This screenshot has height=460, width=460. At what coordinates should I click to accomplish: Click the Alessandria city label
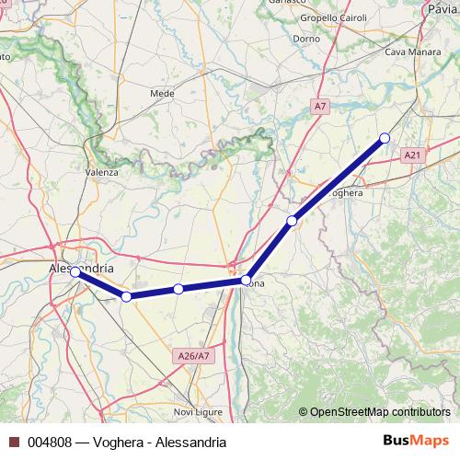(81, 268)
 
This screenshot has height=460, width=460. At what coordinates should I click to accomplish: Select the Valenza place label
(102, 172)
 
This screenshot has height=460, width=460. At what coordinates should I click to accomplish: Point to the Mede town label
(162, 93)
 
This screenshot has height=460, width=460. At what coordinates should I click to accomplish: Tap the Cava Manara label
(408, 53)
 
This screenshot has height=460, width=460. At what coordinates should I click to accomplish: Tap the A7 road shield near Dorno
(319, 107)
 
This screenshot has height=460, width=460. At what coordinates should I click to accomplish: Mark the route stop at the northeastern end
(385, 138)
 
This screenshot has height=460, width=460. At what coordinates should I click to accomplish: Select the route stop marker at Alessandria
(75, 272)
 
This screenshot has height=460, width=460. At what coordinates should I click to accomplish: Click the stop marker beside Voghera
(292, 221)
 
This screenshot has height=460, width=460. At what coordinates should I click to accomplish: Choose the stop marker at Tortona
(247, 280)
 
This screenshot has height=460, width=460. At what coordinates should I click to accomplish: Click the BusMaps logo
(415, 442)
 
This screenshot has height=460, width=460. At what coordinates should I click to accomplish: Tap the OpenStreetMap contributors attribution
(380, 412)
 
